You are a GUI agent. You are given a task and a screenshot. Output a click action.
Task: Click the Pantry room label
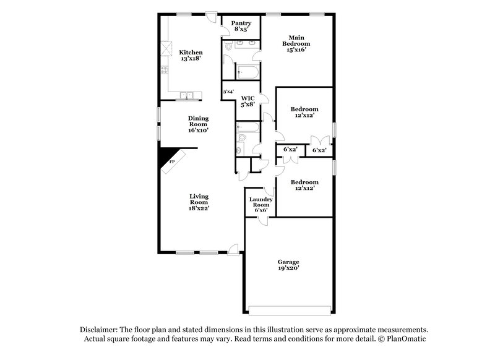241,27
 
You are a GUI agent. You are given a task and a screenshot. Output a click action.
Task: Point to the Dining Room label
199,124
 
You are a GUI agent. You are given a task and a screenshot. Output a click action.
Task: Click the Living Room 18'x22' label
199,202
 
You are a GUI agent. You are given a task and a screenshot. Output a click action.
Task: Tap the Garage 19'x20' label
288,265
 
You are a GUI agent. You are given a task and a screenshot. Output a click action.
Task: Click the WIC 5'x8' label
248,101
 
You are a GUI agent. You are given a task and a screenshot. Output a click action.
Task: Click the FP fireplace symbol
173,161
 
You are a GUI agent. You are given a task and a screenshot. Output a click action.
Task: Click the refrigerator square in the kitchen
165,48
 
